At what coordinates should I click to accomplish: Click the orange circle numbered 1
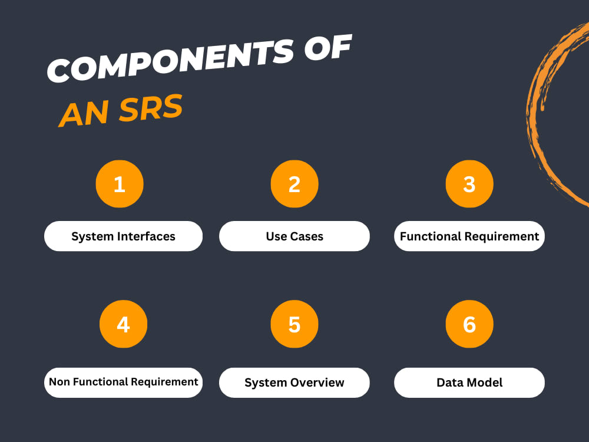point(120,184)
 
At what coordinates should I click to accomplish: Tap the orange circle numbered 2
point(294,184)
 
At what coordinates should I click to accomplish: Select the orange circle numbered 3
point(469,184)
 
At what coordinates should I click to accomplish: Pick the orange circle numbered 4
point(123,324)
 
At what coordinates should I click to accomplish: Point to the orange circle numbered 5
point(294,324)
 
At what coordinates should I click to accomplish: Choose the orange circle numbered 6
point(469,324)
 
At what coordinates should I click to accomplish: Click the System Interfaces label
point(123,236)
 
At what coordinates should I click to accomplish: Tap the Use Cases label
point(294,236)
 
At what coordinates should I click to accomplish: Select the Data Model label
point(469,382)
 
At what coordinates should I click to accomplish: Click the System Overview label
point(294,382)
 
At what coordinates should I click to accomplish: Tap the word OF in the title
point(328,48)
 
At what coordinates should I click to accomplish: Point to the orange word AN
point(84,114)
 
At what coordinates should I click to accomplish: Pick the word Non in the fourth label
point(59,382)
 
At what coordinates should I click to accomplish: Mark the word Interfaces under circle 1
point(146,236)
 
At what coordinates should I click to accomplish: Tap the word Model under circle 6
point(485,382)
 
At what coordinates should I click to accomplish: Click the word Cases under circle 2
point(306,236)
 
